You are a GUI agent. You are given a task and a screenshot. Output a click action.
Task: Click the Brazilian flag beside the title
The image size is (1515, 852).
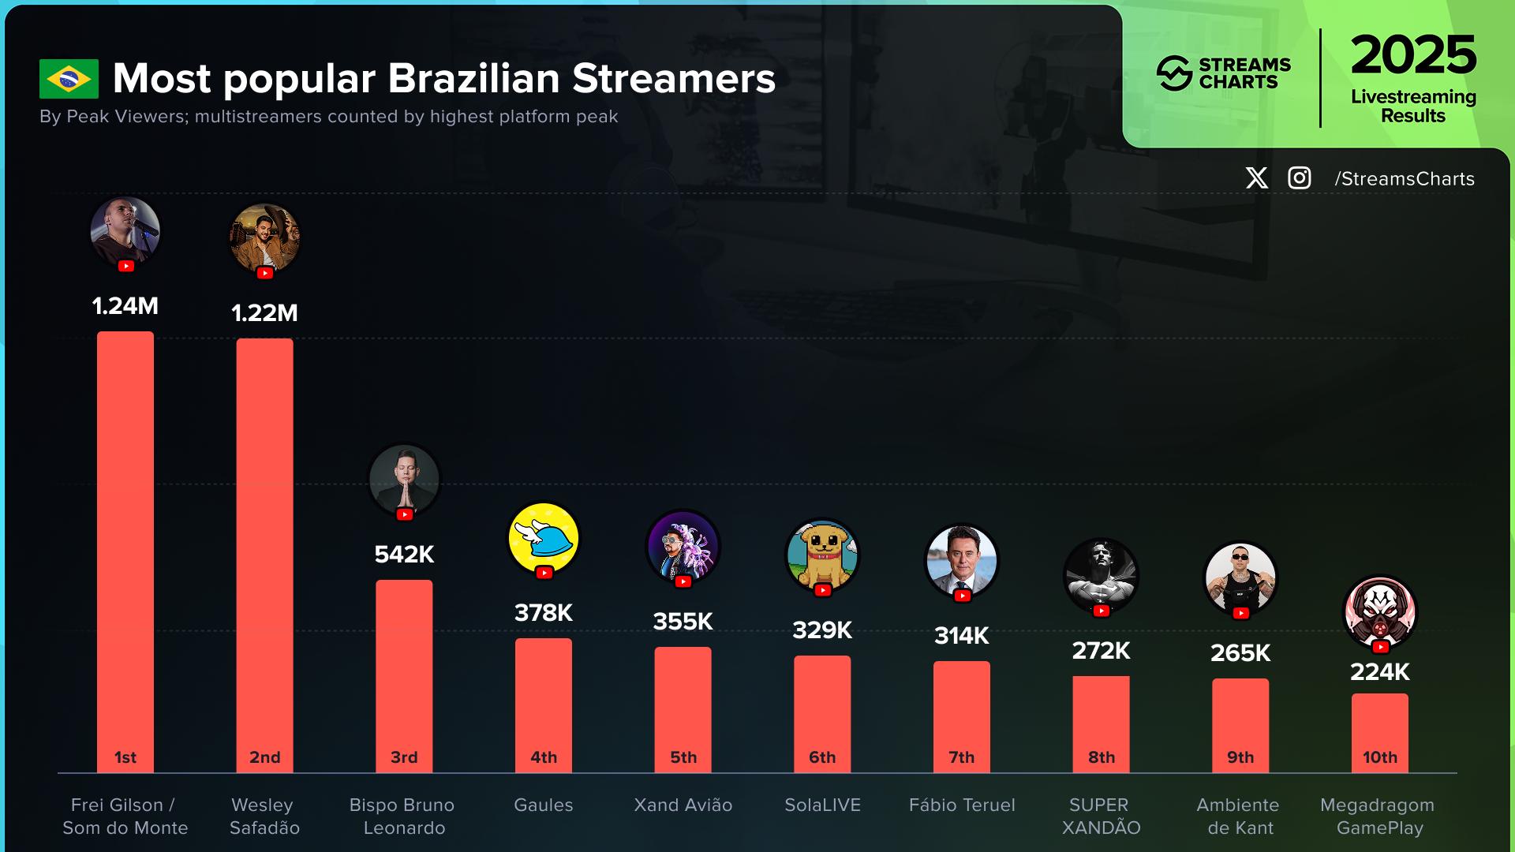pos(69,79)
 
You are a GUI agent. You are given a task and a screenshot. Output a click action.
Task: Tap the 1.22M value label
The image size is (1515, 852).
pos(264,313)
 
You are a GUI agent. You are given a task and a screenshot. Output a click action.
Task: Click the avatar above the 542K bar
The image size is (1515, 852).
pos(404,479)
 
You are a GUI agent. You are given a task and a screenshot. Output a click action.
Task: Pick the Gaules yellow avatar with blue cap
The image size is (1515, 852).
pos(544,538)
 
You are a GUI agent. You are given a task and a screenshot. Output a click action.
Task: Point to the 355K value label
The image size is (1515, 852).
pos(683,622)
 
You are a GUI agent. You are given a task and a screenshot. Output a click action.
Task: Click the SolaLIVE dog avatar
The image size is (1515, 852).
pos(822,554)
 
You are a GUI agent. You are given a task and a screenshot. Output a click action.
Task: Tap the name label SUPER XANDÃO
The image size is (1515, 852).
pos(1101,816)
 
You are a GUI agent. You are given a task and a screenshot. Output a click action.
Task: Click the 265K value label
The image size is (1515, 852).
pos(1240,653)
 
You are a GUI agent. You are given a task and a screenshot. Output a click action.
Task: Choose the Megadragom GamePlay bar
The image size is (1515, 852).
pos(1379,730)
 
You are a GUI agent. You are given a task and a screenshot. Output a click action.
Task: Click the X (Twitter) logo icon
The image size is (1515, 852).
pos(1257,178)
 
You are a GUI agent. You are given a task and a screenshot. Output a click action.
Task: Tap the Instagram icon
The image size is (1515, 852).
pos(1300,178)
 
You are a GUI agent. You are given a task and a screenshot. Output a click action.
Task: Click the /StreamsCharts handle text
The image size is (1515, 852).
pos(1405,179)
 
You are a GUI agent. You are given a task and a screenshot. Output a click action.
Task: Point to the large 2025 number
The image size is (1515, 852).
pos(1413,54)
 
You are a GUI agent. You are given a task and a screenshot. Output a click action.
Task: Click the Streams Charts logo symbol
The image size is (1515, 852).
pos(1174,73)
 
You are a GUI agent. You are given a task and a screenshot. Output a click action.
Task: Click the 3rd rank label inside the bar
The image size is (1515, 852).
pos(404,757)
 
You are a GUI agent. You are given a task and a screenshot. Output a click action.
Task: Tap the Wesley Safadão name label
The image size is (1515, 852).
pos(264,816)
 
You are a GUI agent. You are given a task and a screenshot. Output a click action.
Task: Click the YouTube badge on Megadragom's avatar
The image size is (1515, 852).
pos(1380,647)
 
